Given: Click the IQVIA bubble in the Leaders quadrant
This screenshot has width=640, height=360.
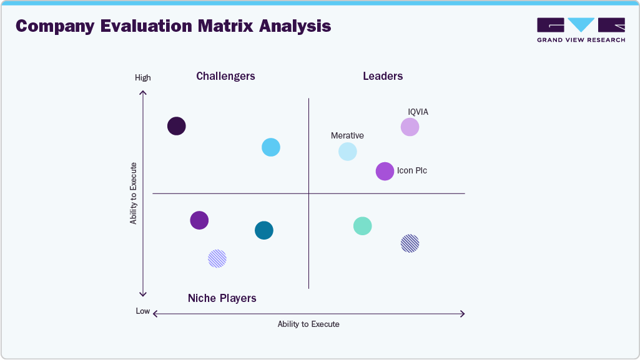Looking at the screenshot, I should (410, 127).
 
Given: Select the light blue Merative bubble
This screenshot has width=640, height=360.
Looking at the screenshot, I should (348, 152).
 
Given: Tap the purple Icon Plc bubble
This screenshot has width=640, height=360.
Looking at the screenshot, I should (385, 171).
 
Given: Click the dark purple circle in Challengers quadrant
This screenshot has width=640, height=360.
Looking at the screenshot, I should (177, 126).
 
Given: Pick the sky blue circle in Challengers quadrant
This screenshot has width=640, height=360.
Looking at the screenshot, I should (270, 147).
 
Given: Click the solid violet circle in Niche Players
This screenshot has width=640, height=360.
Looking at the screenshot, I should (199, 220).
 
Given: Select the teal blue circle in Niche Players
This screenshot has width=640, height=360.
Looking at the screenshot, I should (264, 230).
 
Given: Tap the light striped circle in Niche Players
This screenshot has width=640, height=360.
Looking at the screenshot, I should (217, 258).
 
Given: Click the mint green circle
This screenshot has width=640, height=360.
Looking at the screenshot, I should (363, 226).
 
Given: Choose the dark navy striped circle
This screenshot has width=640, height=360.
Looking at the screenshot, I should (410, 243).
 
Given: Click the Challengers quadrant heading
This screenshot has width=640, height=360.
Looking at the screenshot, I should (225, 76).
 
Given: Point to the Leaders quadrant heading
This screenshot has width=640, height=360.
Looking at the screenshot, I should (383, 76).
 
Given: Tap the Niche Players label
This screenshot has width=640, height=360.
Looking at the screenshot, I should (222, 298).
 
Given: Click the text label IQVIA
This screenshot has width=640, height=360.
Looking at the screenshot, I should (418, 112).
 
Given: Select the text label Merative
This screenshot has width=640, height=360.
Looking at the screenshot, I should (347, 135).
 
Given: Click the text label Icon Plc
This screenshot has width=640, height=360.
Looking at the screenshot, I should (412, 171).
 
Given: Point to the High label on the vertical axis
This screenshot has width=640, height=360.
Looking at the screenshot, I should (143, 78).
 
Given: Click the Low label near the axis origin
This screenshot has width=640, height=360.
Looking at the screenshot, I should (143, 311).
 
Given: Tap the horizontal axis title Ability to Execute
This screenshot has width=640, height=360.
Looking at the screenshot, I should (308, 324).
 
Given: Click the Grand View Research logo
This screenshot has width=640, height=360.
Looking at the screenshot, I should (581, 30).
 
